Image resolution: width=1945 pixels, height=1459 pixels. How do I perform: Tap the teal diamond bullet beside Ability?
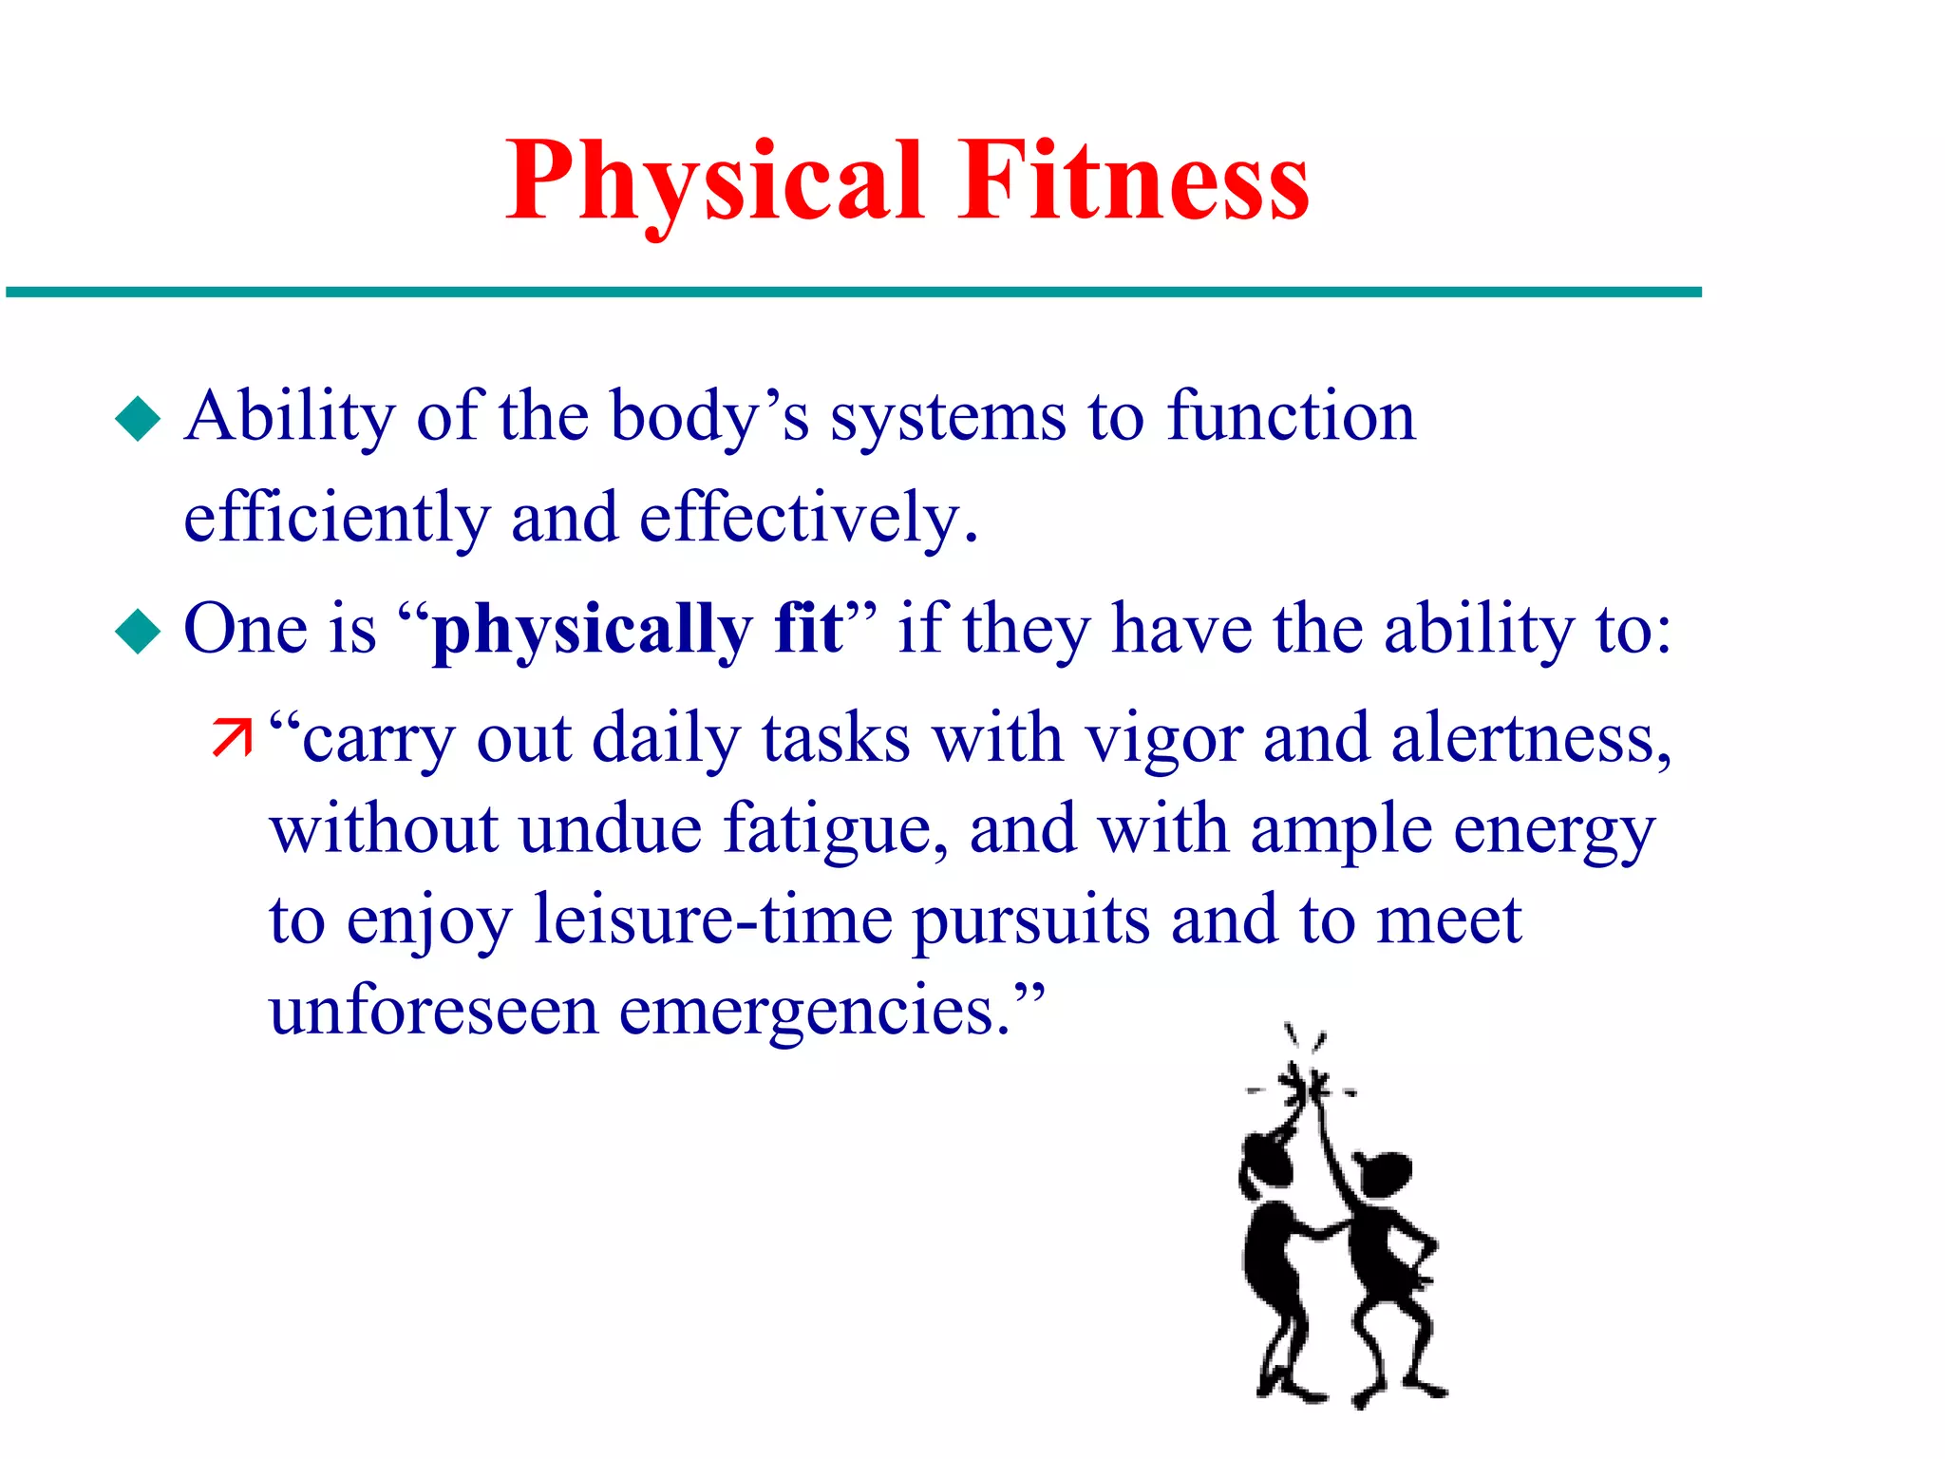[139, 418]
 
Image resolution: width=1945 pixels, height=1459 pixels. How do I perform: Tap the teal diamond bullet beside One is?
[139, 631]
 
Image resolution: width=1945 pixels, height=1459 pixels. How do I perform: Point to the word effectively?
[807, 518]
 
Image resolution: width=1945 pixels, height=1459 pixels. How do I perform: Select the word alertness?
[1529, 739]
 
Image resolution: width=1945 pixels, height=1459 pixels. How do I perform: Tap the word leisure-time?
[712, 919]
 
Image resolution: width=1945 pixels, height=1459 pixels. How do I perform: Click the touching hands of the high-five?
[1305, 1088]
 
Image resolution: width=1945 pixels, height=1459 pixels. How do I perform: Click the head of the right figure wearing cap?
[1387, 1173]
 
